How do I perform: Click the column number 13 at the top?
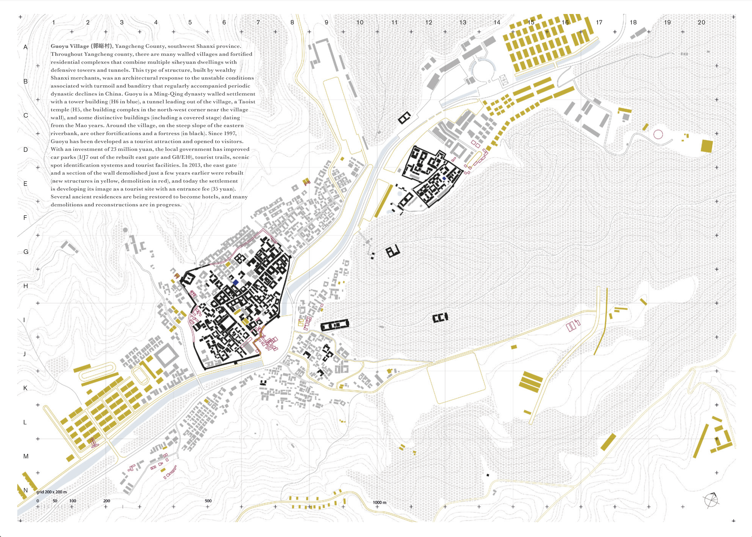click(x=463, y=22)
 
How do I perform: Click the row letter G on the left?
click(x=26, y=252)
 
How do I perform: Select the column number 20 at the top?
click(x=701, y=22)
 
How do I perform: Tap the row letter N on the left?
click(x=26, y=490)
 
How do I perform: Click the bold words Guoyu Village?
click(x=70, y=46)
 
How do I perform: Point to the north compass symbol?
click(x=711, y=500)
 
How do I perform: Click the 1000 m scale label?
click(x=380, y=502)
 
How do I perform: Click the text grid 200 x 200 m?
click(x=52, y=492)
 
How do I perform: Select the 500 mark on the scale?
click(x=208, y=501)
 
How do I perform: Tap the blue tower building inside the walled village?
click(x=236, y=282)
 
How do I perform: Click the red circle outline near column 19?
click(x=658, y=134)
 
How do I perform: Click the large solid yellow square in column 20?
click(x=707, y=146)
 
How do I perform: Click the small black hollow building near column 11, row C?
click(x=404, y=117)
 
